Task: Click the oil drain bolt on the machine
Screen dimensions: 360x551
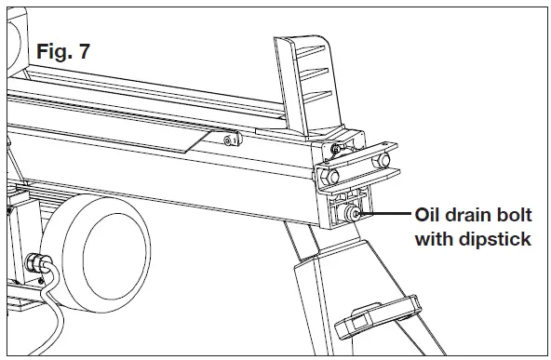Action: coord(355,214)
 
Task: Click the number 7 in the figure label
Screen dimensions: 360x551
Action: coord(85,52)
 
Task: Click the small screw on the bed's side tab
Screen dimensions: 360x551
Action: coord(228,141)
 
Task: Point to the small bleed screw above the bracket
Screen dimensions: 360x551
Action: coord(335,148)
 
